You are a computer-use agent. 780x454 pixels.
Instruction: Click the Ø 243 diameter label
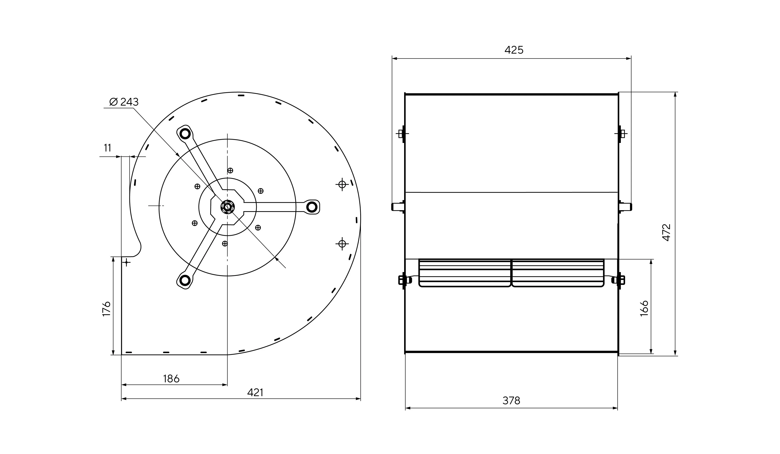[124, 102]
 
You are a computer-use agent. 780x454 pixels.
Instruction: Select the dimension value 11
[107, 148]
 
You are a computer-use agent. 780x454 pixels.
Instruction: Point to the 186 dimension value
[171, 379]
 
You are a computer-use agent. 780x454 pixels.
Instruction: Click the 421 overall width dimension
[255, 392]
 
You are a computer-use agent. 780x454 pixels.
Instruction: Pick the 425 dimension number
[514, 50]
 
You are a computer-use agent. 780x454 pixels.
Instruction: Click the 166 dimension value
[644, 308]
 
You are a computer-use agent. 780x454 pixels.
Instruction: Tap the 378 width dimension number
[511, 401]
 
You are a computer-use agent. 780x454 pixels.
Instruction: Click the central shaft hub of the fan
[227, 207]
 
